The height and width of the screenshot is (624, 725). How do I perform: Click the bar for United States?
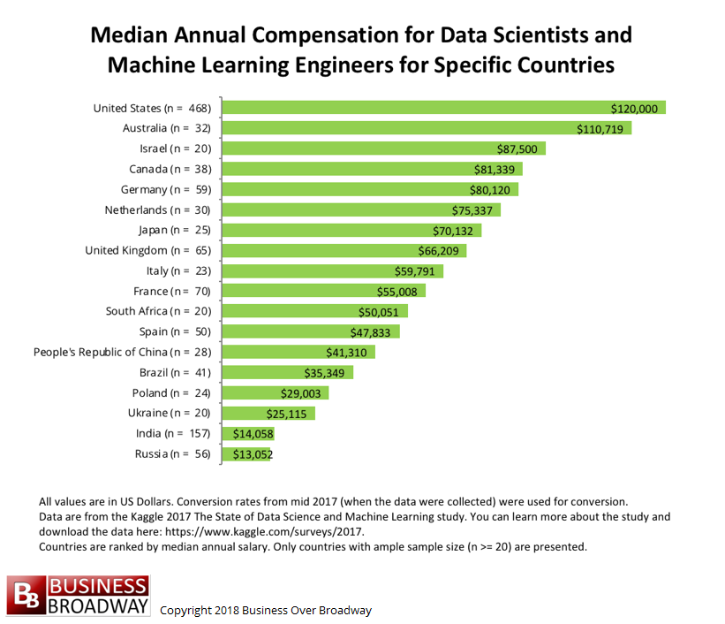(442, 108)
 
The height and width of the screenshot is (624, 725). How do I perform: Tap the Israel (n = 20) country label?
(174, 148)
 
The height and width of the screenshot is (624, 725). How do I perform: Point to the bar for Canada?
(371, 169)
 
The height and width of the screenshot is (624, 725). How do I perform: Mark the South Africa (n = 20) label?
(159, 311)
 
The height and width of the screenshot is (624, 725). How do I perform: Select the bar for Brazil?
(287, 372)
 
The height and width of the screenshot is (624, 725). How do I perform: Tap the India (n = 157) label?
(174, 433)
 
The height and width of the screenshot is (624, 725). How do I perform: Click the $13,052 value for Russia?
(252, 454)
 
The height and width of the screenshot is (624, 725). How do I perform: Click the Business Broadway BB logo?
(79, 596)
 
